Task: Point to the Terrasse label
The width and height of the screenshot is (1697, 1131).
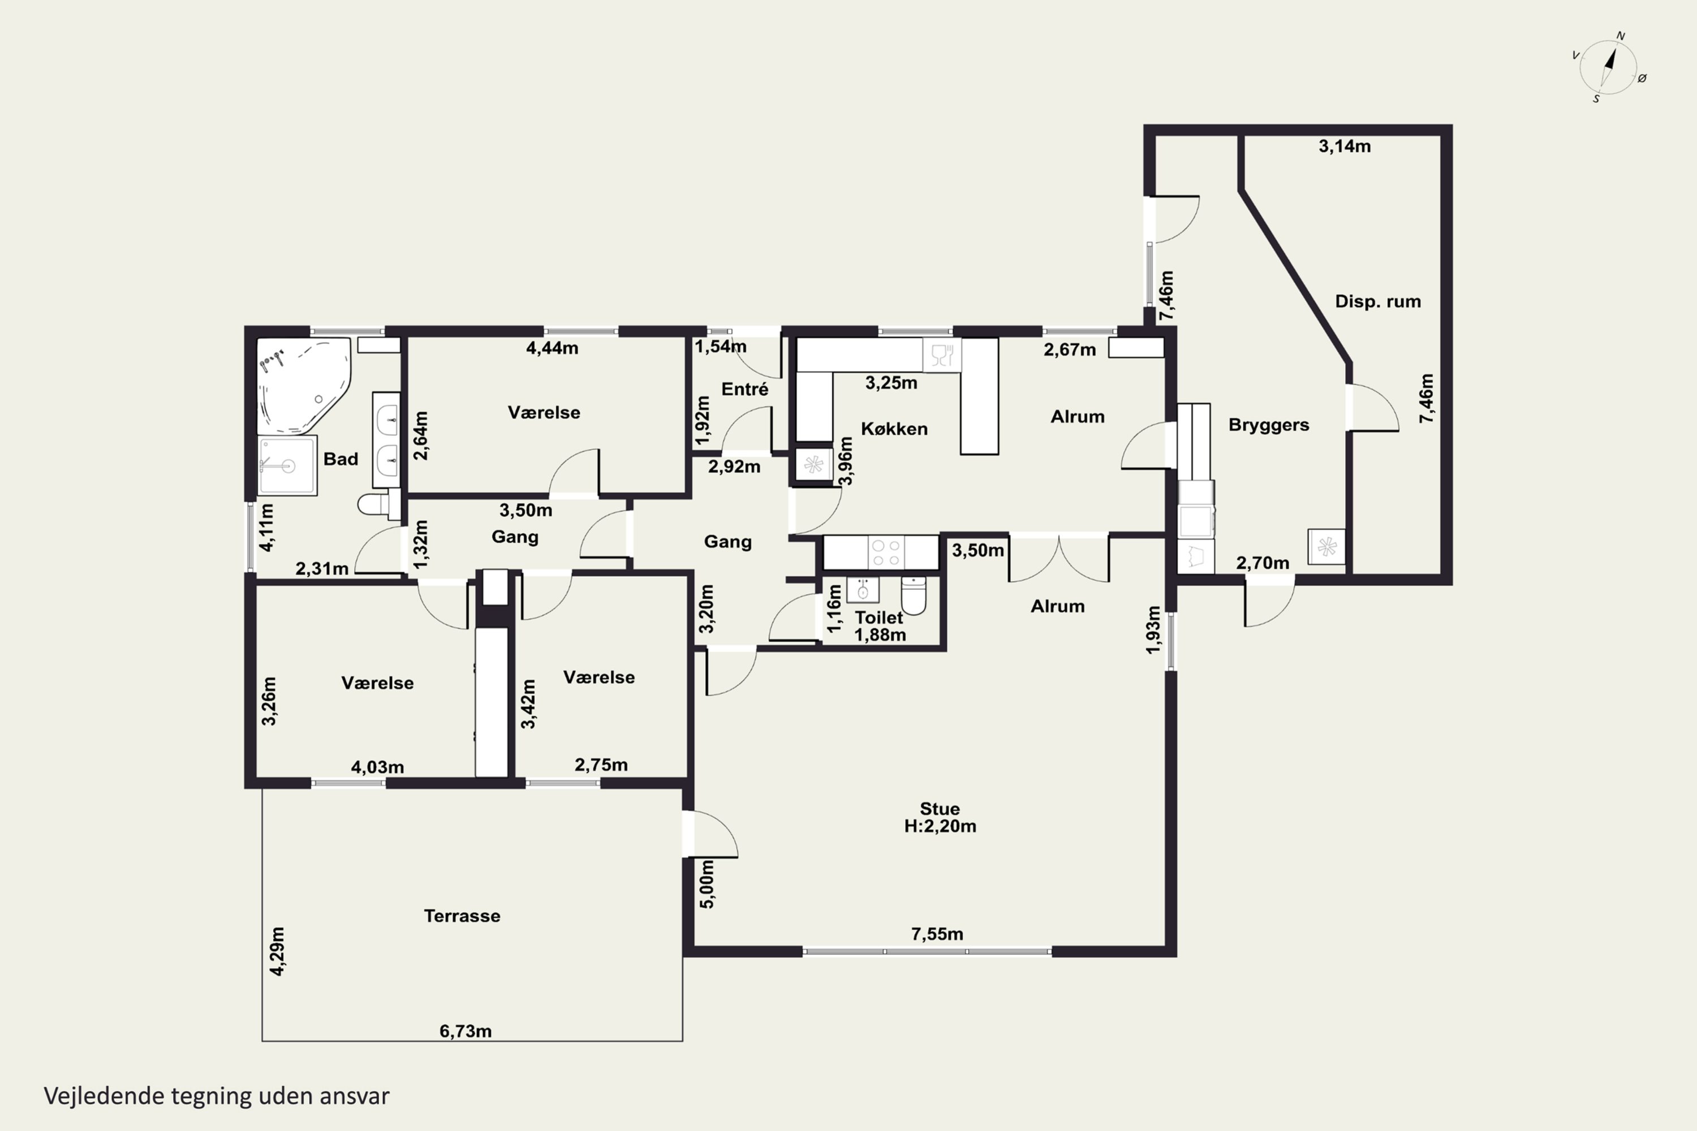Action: tap(462, 916)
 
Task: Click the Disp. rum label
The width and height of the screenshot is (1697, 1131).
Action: tap(1377, 301)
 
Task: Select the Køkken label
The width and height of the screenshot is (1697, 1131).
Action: tap(894, 429)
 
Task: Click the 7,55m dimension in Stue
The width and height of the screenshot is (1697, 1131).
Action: tap(937, 934)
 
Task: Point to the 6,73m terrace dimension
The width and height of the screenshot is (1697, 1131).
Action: tap(466, 1031)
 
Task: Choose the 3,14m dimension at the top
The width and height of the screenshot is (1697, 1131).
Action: tap(1344, 146)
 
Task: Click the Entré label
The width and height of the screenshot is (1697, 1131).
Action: tap(744, 390)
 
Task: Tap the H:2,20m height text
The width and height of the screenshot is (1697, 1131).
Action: tap(940, 827)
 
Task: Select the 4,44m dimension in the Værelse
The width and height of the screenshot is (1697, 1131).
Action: tap(552, 348)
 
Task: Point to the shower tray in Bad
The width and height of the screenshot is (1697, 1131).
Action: tap(287, 465)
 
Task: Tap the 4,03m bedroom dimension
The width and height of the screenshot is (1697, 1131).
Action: tap(377, 767)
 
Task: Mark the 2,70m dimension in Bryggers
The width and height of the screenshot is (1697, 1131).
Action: tap(1262, 563)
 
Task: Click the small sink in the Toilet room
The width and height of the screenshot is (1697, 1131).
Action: tap(862, 589)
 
